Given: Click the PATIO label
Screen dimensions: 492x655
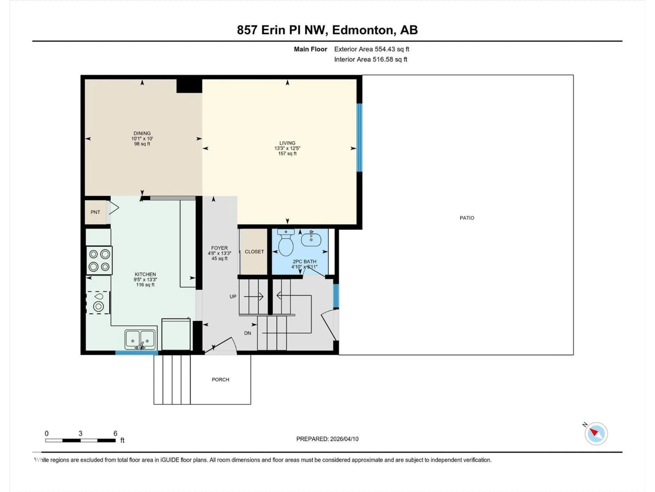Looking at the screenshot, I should pyautogui.click(x=467, y=218).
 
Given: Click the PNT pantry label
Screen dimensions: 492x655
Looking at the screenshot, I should pyautogui.click(x=95, y=212).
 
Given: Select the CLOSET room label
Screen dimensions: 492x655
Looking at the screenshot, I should pyautogui.click(x=254, y=251).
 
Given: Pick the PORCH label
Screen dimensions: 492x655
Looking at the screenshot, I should pyautogui.click(x=220, y=380).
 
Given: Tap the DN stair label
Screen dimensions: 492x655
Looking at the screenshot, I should pyautogui.click(x=248, y=333).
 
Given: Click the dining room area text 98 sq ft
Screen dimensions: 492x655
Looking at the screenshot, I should pyautogui.click(x=142, y=144).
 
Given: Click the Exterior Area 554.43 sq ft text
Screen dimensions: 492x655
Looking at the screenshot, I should pyautogui.click(x=372, y=49).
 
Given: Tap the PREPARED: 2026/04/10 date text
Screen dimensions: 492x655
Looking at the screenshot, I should pyautogui.click(x=327, y=439).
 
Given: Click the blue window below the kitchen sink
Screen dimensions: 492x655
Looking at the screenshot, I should pyautogui.click(x=136, y=353).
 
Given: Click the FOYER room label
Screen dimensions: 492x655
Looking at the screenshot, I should pyautogui.click(x=219, y=248).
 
